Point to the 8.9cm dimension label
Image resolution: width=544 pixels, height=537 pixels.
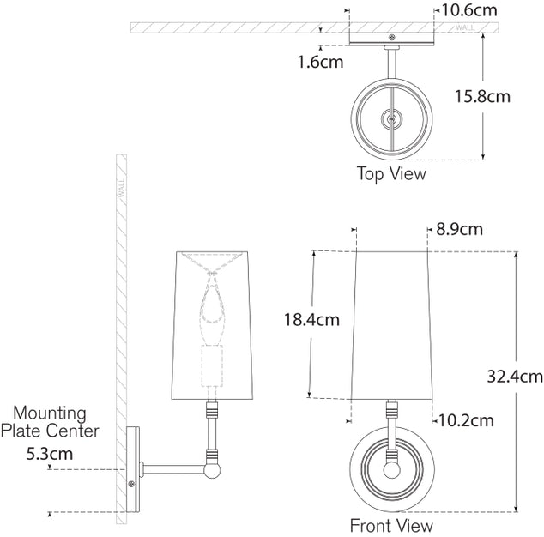[x=459, y=229]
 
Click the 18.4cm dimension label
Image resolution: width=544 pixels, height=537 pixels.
[x=311, y=320]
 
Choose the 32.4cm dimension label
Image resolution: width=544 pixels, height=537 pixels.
[x=514, y=376]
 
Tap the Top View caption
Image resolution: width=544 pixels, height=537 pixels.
[x=391, y=173]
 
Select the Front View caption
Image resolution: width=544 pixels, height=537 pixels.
[x=391, y=525]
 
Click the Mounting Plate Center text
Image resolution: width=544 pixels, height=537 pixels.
[x=50, y=421]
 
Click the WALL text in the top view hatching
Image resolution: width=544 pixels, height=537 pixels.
[x=466, y=27]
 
